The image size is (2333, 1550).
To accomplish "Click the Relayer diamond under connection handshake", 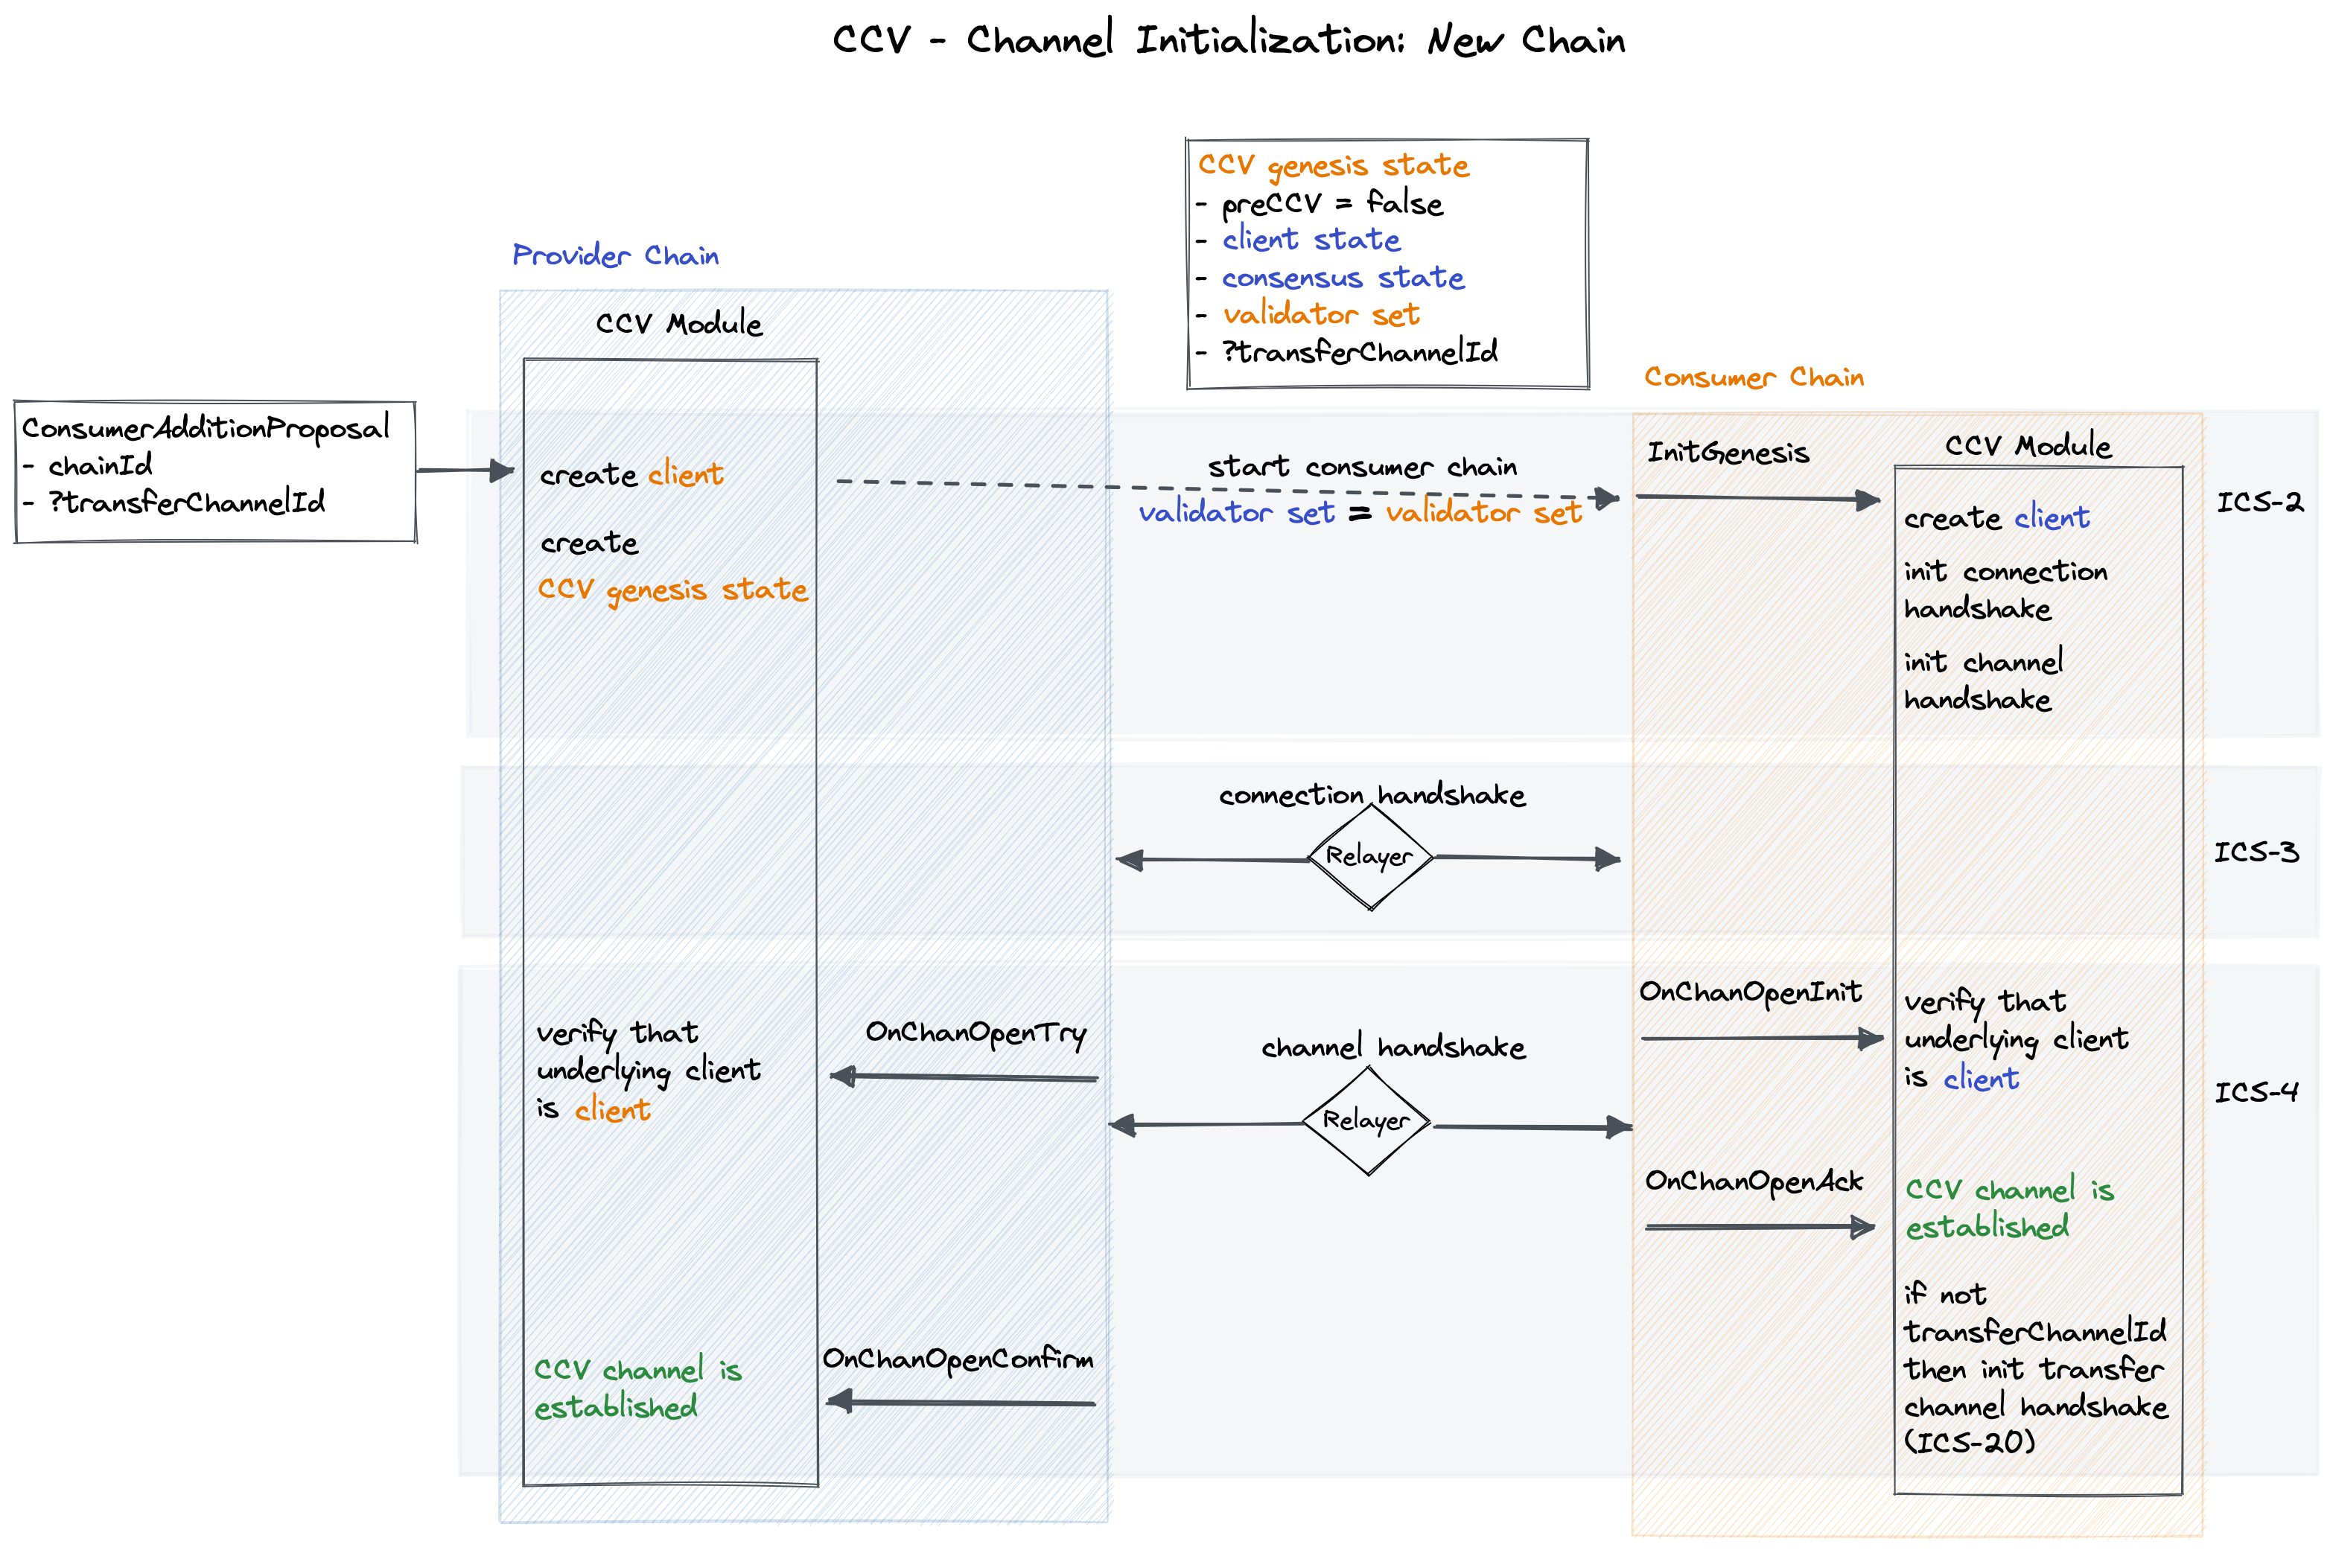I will [x=1370, y=857].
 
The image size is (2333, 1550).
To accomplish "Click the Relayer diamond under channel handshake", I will [x=1367, y=1122].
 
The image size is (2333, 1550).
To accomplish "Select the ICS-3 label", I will [x=2255, y=852].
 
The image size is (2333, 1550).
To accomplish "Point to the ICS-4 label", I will [x=2255, y=1092].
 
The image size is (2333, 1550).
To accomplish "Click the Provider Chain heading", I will [x=615, y=256].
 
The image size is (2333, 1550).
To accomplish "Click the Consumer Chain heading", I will [x=1754, y=377].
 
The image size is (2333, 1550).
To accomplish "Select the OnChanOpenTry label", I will [x=975, y=1033].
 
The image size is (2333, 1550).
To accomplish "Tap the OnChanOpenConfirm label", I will [x=958, y=1360].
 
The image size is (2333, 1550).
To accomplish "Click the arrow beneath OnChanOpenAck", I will [x=1759, y=1227].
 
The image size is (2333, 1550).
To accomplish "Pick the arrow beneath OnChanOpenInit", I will [x=1760, y=1038].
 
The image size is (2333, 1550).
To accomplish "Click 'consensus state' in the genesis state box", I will [x=1343, y=278].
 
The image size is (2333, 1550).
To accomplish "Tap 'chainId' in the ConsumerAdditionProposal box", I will [x=100, y=465].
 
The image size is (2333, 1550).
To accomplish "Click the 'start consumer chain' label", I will [x=1362, y=467].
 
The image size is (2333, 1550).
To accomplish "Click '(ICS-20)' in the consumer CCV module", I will [x=1969, y=1442].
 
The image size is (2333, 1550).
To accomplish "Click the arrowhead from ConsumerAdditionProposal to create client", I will [x=503, y=471].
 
